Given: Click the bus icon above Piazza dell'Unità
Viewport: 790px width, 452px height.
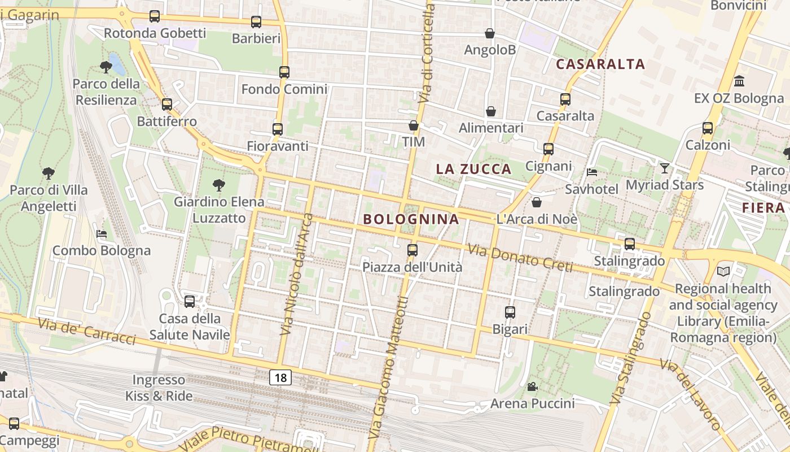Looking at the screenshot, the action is (x=412, y=250).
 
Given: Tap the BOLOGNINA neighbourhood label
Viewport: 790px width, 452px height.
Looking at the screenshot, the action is (x=411, y=219).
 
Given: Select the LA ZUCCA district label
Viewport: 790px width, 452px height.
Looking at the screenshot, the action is (x=474, y=169).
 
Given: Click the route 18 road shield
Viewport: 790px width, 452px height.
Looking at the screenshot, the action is (x=280, y=377).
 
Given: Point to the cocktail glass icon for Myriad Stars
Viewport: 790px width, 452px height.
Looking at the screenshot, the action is (x=665, y=168).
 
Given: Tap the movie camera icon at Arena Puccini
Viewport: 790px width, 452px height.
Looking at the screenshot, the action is (x=532, y=387).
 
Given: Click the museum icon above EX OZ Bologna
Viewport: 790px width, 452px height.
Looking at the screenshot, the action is (x=739, y=81).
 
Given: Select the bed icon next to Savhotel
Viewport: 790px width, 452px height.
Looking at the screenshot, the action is (x=592, y=172).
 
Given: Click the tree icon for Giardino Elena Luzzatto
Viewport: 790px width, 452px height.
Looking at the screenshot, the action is (x=218, y=185).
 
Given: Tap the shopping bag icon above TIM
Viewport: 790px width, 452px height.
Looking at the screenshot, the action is (x=414, y=125).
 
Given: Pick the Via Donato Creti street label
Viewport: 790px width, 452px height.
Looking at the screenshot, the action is (x=520, y=257).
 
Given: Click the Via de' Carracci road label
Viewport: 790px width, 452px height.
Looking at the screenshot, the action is (x=87, y=331).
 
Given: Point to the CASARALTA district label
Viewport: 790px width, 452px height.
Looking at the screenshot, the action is (x=600, y=64).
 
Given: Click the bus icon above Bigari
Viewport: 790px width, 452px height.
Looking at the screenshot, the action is (x=510, y=312).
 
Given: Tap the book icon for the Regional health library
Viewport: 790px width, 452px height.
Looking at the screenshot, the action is (x=723, y=272).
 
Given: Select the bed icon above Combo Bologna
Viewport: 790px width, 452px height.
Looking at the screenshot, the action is (x=102, y=234).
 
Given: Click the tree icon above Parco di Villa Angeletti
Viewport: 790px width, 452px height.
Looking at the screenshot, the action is (x=49, y=173).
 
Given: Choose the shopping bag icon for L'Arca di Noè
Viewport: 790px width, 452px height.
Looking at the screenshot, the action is (x=537, y=202).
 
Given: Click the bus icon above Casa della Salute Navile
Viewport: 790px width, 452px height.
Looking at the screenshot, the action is (x=190, y=302).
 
